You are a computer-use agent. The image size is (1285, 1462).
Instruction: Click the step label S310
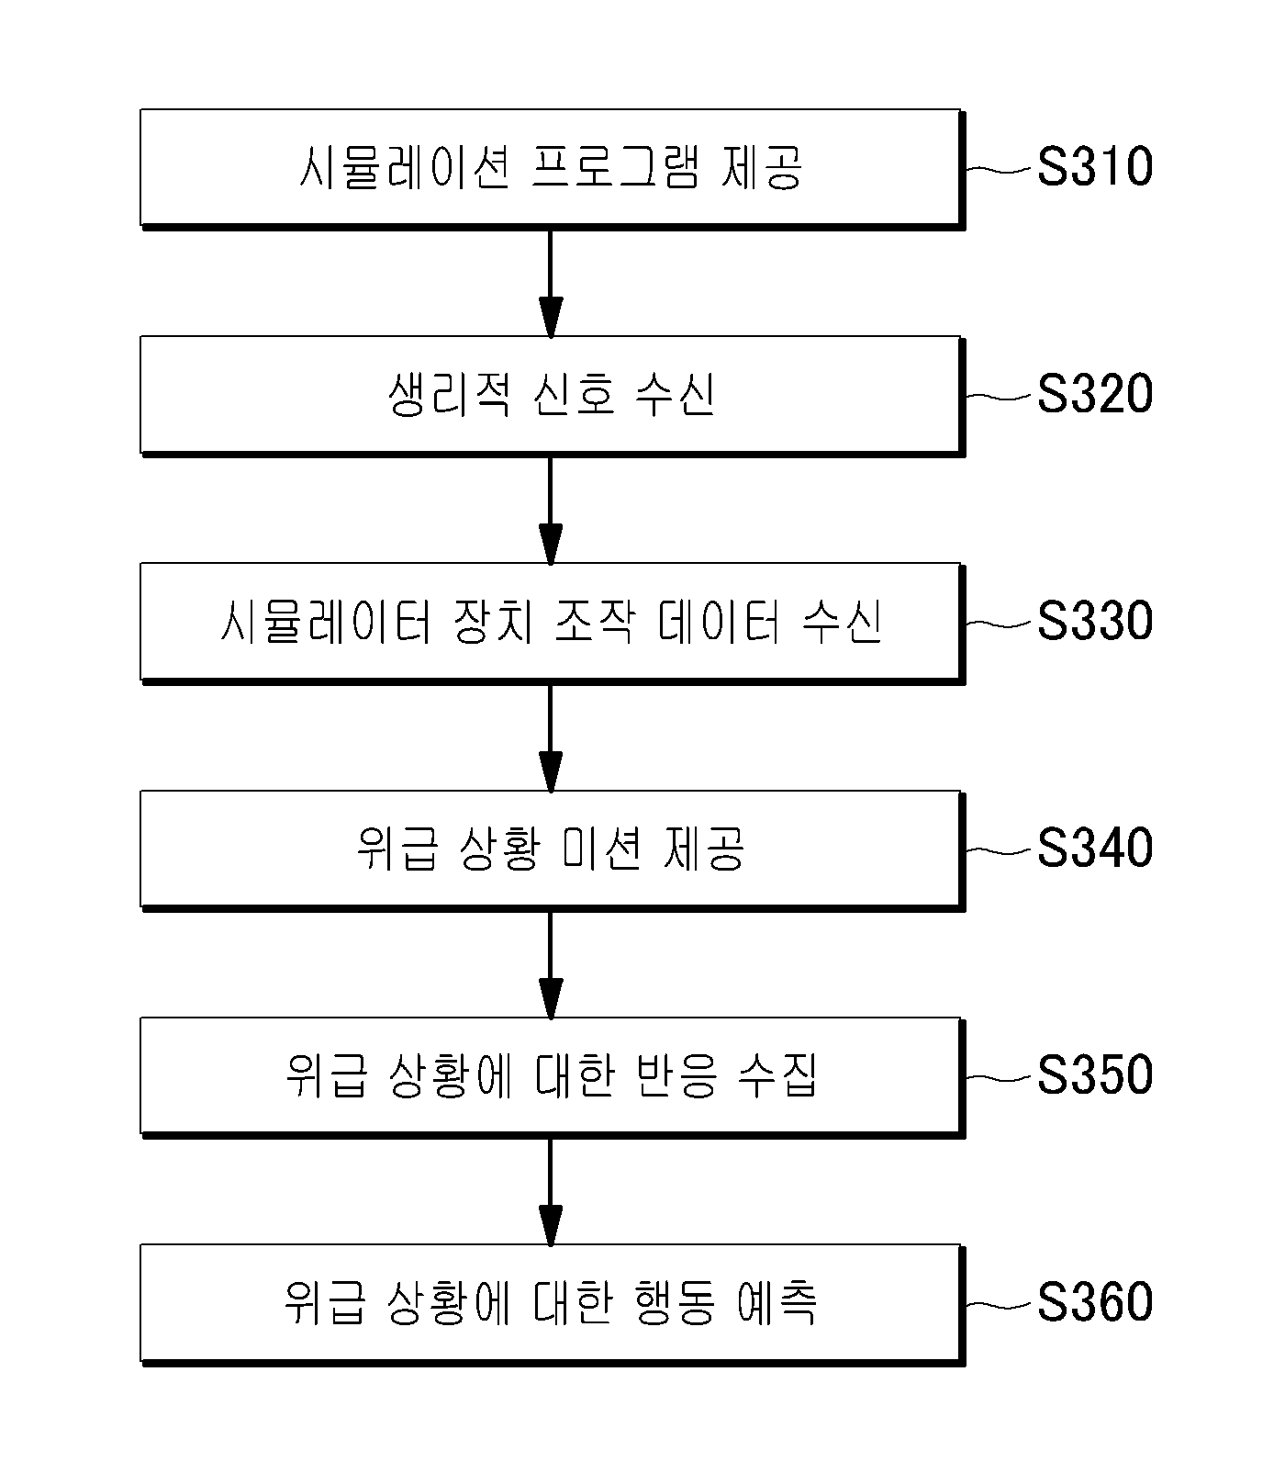pos(1095,168)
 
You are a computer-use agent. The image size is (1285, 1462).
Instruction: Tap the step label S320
pos(1095,395)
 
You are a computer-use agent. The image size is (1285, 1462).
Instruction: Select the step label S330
pos(1095,622)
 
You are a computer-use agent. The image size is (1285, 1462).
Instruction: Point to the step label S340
pos(1095,849)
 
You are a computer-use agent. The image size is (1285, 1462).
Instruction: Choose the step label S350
pos(1095,1075)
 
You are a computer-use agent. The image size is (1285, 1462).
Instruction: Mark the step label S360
pos(1095,1302)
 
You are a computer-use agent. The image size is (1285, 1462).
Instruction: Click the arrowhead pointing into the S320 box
pos(550,317)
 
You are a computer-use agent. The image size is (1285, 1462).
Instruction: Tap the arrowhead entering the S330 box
pos(550,544)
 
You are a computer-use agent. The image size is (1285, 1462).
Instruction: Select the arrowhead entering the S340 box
pos(550,770)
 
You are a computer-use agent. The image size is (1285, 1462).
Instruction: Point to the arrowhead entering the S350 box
pos(550,997)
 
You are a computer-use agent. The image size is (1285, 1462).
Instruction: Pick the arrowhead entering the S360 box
pos(550,1224)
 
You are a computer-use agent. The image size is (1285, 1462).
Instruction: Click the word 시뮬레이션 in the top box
pos(405,169)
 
